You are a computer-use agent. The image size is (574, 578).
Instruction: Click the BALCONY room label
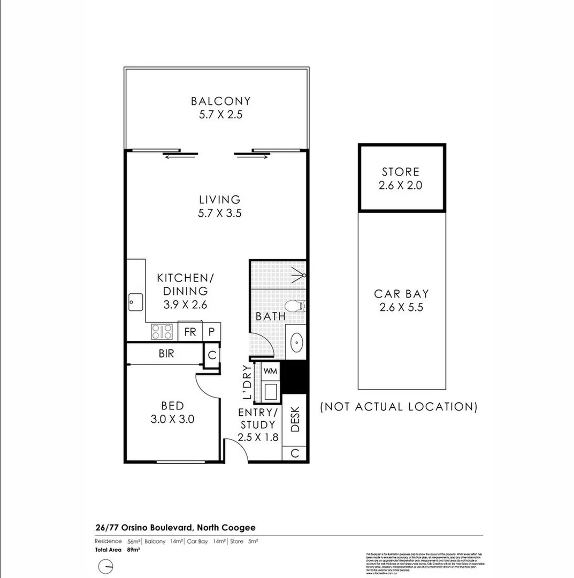(x=220, y=101)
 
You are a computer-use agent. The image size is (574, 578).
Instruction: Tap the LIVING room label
(x=220, y=200)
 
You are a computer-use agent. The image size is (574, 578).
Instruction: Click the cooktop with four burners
(x=162, y=332)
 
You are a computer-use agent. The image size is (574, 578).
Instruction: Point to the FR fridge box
(x=190, y=332)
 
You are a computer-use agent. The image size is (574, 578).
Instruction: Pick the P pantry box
(x=211, y=332)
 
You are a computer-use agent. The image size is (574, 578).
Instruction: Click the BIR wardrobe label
(x=166, y=354)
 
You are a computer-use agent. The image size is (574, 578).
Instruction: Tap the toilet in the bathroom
(x=293, y=306)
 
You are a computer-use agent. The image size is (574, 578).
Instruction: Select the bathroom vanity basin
(x=295, y=341)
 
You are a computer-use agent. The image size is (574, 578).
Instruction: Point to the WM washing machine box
(x=270, y=370)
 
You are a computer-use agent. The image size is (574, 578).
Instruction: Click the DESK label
(x=295, y=419)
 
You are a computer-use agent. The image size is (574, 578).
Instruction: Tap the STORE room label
(x=401, y=172)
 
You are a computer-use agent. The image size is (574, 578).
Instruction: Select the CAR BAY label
(x=401, y=294)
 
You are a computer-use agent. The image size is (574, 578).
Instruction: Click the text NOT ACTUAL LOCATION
(x=399, y=407)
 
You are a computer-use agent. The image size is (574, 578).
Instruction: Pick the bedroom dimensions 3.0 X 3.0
(x=173, y=419)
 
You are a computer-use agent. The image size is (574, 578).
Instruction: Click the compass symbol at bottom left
(x=106, y=566)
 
